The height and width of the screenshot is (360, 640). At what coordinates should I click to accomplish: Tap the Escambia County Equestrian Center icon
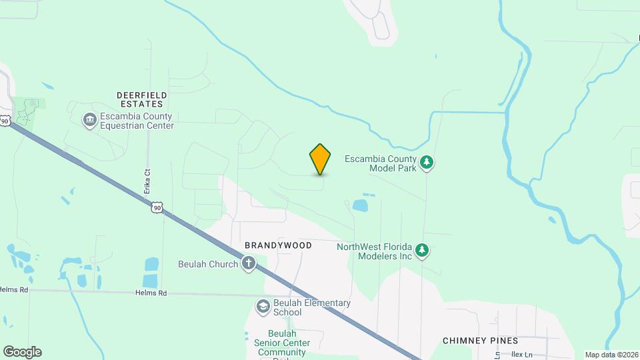click(89, 121)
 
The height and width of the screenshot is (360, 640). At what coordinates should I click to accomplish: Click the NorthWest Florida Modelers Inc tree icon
click(421, 251)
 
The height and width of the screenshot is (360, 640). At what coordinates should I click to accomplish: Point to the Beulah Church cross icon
click(248, 264)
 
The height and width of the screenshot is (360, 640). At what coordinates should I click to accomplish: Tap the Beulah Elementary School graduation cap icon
click(263, 307)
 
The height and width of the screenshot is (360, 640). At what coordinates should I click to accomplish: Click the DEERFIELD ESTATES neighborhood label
click(141, 100)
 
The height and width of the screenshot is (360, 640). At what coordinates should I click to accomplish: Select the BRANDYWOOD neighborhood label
click(278, 245)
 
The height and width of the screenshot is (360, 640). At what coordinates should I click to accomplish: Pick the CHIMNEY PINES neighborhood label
click(480, 341)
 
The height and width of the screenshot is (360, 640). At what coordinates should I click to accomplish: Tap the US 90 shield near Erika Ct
click(157, 207)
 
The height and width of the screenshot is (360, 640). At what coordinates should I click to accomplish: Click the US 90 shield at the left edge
click(5, 121)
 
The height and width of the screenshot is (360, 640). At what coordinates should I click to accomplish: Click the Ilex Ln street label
click(523, 355)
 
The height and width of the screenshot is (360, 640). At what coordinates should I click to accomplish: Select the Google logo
click(22, 352)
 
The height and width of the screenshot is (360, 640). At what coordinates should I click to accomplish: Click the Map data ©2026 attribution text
click(611, 355)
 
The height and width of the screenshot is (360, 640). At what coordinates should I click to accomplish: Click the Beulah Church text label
click(208, 264)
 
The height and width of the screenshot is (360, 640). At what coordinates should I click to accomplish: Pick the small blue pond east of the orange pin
click(360, 205)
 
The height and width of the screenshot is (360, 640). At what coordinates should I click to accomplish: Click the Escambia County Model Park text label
click(380, 163)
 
